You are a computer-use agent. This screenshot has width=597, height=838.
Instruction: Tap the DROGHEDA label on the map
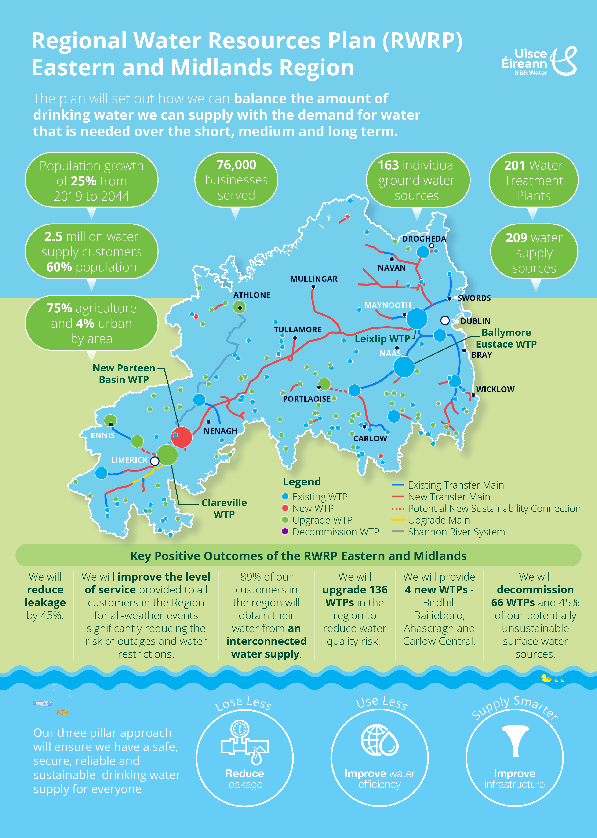click(424, 239)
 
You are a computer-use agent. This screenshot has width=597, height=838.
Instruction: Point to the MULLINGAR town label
click(313, 279)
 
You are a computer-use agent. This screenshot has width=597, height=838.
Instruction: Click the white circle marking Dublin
click(445, 320)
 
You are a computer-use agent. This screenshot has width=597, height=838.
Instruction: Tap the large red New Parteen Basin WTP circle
click(182, 437)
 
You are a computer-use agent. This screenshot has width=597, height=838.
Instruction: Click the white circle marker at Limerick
click(155, 461)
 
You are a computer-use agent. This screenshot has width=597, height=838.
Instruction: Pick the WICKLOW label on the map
click(495, 389)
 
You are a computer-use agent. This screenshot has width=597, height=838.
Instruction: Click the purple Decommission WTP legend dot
click(285, 532)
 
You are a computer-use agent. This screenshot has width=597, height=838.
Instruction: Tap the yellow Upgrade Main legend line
click(398, 520)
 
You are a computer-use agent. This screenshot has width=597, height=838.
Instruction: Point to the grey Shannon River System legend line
click(398, 532)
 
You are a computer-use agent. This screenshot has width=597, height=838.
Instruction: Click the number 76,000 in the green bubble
click(236, 165)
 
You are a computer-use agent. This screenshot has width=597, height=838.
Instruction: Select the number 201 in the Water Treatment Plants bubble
click(515, 165)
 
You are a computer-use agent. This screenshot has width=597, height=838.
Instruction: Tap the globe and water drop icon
click(379, 740)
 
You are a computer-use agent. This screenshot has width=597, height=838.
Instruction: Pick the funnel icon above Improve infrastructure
click(515, 740)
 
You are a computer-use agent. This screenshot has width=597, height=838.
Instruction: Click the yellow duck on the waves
click(546, 678)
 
